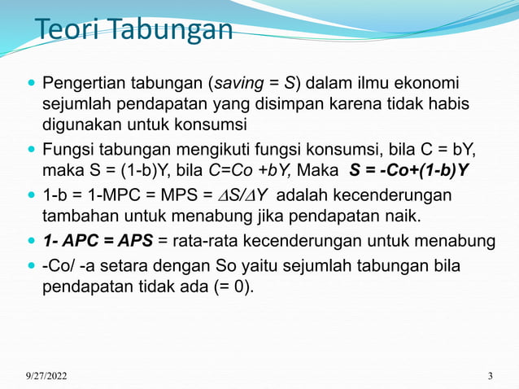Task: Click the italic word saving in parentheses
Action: (236, 83)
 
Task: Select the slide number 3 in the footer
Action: (490, 375)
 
